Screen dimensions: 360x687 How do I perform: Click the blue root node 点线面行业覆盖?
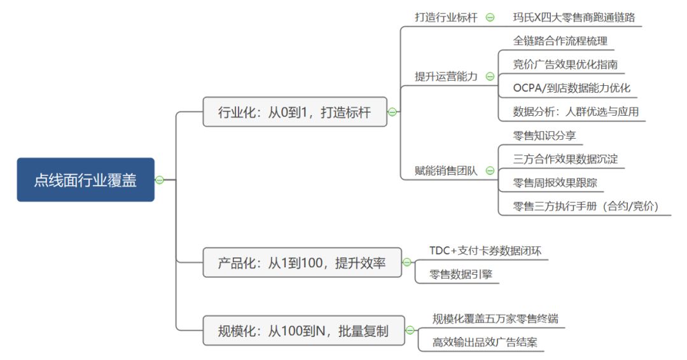click(x=85, y=180)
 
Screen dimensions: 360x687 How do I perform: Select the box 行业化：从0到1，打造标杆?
click(x=295, y=112)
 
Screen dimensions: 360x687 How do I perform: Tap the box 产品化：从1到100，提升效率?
click(x=302, y=262)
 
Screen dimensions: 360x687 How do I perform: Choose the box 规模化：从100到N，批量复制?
click(x=303, y=331)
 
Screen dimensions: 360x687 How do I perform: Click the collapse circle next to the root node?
click(x=159, y=180)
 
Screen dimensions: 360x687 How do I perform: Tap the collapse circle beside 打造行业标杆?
click(x=490, y=18)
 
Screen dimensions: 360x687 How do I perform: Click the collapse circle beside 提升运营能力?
click(x=490, y=76)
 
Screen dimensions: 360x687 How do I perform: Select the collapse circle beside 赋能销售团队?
click(x=490, y=170)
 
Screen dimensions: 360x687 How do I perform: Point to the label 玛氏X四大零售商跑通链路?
click(x=574, y=18)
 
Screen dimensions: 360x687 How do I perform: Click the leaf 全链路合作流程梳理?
click(x=560, y=41)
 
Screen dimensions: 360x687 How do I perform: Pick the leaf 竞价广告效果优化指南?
click(x=565, y=65)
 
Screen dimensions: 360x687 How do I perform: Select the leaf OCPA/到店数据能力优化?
click(x=571, y=88)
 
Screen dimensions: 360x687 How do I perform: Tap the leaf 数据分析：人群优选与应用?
click(x=575, y=112)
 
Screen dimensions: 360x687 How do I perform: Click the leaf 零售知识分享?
click(x=544, y=135)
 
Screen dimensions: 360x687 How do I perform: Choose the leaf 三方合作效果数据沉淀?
click(x=565, y=159)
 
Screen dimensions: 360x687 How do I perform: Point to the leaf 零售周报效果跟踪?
click(x=555, y=183)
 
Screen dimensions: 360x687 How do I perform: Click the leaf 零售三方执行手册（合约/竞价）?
click(x=585, y=206)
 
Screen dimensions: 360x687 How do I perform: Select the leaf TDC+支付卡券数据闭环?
click(x=485, y=251)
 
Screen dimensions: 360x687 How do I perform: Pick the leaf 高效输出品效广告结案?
click(x=485, y=342)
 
